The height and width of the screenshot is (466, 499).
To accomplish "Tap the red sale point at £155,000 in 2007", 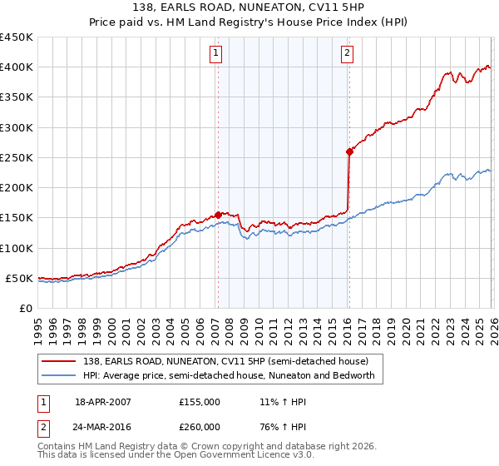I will coord(218,215).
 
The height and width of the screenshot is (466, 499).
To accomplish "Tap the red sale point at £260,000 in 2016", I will coord(348,151).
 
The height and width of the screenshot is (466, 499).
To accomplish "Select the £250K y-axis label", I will coord(17,157).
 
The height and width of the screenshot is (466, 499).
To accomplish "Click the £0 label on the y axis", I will coord(25,308).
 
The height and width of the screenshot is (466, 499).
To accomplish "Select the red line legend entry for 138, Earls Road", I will coord(225,361).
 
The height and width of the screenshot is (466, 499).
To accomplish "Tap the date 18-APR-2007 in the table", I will coord(103,401).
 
